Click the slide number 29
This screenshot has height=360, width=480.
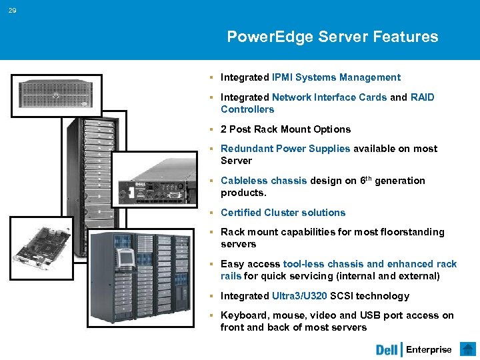(13, 11)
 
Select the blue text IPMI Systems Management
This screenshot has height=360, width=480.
(336, 77)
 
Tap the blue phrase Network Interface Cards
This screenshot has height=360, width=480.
(329, 97)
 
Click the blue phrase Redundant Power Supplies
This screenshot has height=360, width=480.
(285, 149)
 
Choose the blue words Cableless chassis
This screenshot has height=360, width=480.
(263, 181)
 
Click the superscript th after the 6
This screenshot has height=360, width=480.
(367, 178)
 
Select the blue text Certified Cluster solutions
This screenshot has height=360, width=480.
(283, 213)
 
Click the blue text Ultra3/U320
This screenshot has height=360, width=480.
(299, 296)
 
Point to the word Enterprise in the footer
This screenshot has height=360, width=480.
(429, 349)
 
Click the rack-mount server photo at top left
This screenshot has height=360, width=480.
(56, 94)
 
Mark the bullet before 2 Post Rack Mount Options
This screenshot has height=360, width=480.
(211, 129)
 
